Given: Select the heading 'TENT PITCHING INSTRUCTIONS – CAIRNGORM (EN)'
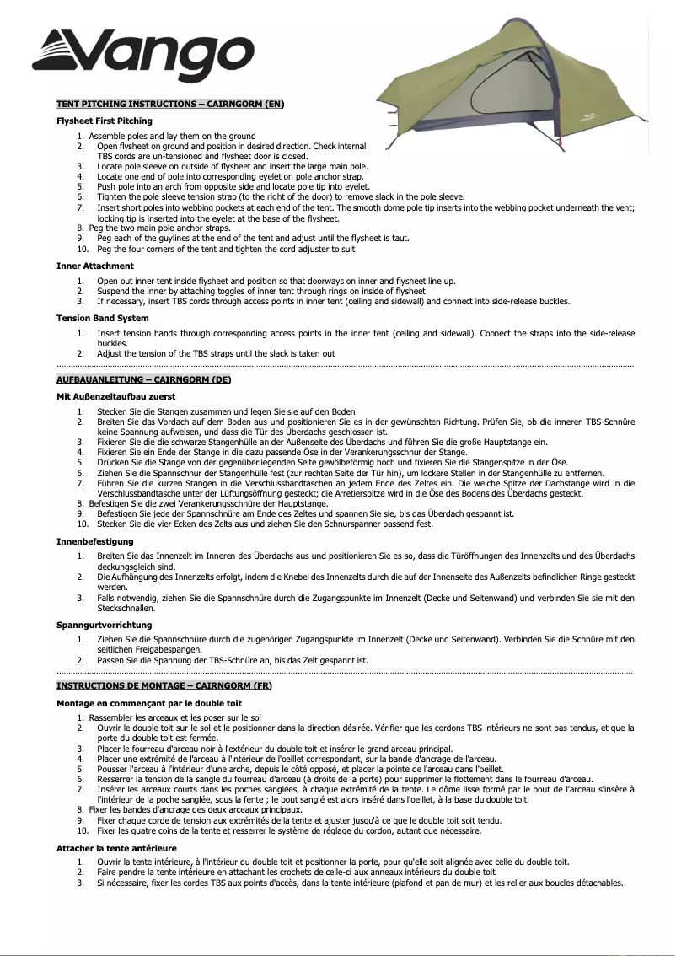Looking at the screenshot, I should pos(169,104).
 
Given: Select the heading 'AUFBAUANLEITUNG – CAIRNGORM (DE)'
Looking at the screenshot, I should pos(143,380).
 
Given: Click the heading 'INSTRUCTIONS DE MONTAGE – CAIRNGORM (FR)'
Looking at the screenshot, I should pos(164,686).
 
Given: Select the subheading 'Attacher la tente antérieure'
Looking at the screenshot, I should pos(116,847).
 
